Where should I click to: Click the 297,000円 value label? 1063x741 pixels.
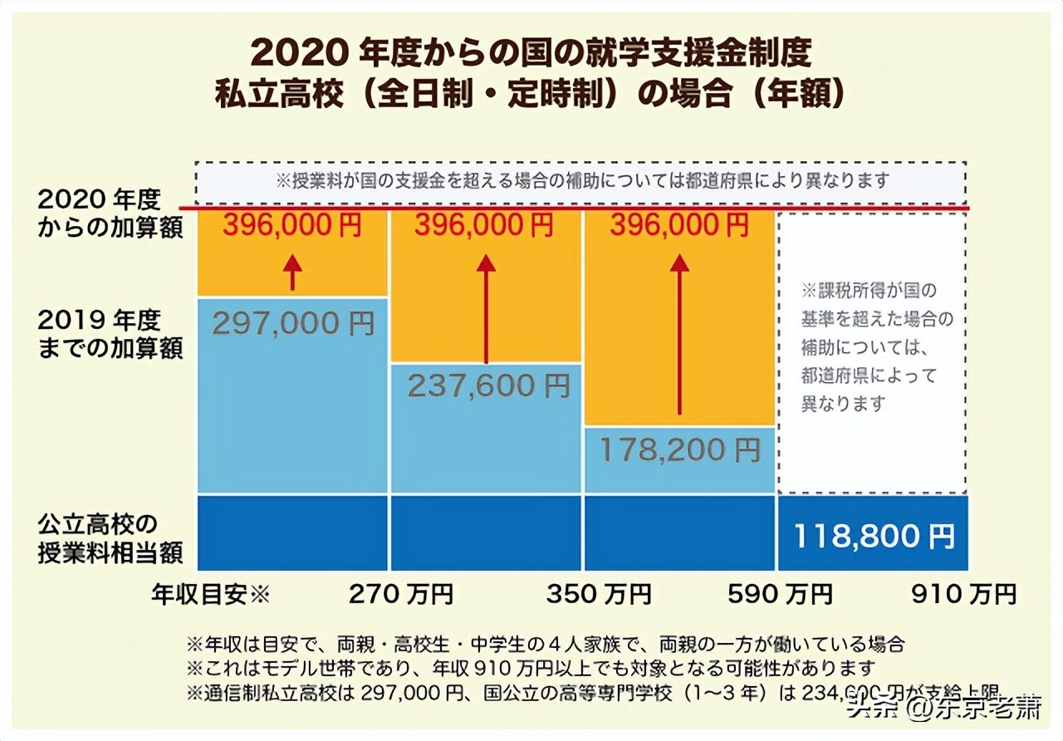(x=293, y=322)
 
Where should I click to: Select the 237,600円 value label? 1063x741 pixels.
(x=487, y=385)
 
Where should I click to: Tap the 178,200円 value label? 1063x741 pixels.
(x=679, y=449)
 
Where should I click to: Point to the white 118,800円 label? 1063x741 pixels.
(x=874, y=535)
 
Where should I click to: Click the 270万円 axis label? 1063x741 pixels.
(x=401, y=594)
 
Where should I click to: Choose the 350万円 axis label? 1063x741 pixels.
(x=599, y=594)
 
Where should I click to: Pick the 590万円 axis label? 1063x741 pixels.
(x=780, y=594)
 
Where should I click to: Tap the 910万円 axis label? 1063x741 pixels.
(x=963, y=594)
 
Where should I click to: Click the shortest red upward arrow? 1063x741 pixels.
(x=292, y=272)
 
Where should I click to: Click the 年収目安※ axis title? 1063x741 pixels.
(x=211, y=594)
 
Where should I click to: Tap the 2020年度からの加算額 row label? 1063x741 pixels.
(x=110, y=213)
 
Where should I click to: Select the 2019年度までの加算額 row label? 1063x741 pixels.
(x=110, y=334)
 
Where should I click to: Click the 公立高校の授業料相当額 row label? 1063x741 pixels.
(x=110, y=538)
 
